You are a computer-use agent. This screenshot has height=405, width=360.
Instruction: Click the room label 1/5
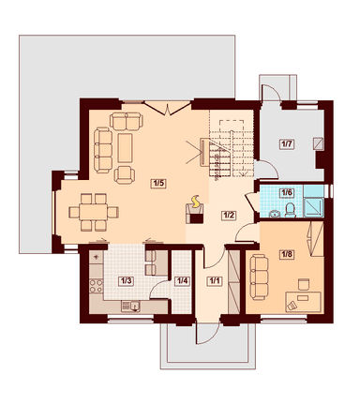158,183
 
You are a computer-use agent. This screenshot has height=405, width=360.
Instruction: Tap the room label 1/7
287,144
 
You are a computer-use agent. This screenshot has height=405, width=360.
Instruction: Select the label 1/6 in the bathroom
287,192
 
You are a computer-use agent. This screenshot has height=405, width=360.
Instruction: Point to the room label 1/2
229,216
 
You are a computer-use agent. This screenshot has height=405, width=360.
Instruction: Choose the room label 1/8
287,254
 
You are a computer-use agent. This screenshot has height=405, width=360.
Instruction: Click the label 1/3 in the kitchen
127,281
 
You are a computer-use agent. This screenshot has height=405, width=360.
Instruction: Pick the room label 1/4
183,281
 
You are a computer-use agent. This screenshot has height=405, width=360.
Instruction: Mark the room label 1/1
215,281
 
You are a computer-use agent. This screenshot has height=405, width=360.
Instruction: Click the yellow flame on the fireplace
196,202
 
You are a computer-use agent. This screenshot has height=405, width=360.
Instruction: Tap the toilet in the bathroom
291,210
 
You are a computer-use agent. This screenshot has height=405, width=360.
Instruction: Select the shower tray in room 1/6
314,206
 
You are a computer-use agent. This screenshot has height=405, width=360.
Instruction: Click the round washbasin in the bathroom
275,214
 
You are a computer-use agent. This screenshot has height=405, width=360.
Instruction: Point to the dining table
94,212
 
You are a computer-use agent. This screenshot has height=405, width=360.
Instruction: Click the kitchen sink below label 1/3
130,307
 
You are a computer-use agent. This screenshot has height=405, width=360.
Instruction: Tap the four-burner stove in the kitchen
97,286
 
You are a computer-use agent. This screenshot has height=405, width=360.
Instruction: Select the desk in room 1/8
303,302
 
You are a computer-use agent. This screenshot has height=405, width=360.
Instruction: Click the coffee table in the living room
125,148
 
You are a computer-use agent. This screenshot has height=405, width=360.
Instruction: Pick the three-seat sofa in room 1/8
259,277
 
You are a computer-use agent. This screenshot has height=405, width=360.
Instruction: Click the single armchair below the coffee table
125,175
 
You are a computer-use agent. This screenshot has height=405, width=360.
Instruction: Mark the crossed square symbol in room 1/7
319,142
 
